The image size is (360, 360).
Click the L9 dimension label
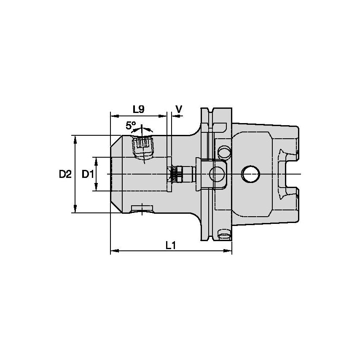click(x=138, y=110)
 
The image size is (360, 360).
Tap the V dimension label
click(x=179, y=110)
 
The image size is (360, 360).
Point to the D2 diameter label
click(x=65, y=174)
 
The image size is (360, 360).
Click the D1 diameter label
click(x=87, y=174)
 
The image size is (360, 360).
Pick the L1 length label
click(x=170, y=245)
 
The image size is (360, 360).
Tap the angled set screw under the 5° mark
click(x=143, y=147)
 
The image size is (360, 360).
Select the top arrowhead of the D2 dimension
click(x=75, y=139)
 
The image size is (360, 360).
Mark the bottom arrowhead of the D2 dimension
click(x=75, y=209)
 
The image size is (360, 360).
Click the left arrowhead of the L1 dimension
click(x=113, y=252)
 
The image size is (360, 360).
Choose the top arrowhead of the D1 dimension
click(x=97, y=160)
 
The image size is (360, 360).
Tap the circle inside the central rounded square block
click(x=217, y=173)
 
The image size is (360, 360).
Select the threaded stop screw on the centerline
click(x=181, y=173)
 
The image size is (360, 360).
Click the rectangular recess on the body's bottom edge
click(x=142, y=208)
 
